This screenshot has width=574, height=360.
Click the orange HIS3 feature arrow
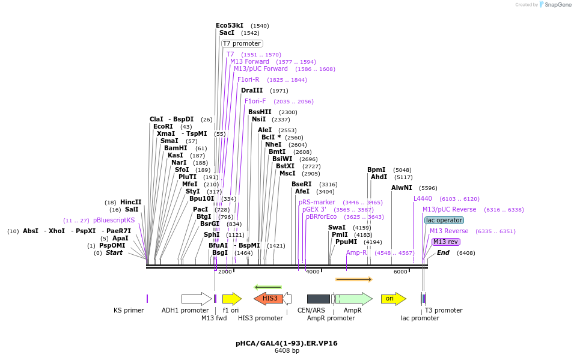pos(269,299)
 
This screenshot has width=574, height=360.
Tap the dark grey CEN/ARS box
pos(318,299)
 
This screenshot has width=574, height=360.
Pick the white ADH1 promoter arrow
pos(196,299)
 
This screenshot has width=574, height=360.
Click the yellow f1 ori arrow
pos(231,299)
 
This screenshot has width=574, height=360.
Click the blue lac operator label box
pos(444,221)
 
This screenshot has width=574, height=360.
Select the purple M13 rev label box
pos(445,242)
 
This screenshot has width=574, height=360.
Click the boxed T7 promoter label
pos(242,44)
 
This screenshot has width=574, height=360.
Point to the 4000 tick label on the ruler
pos(313,272)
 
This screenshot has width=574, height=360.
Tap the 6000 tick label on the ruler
pos(400,272)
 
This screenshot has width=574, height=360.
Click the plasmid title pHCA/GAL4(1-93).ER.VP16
pos(287,343)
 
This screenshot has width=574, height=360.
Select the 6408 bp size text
pos(287,350)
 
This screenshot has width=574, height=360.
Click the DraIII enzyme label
pos(252,90)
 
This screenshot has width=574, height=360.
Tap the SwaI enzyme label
pos(337,227)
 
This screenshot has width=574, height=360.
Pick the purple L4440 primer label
pos(423,198)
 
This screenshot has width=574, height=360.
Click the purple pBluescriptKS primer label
pos(114,221)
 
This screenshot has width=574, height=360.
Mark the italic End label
pos(443,253)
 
